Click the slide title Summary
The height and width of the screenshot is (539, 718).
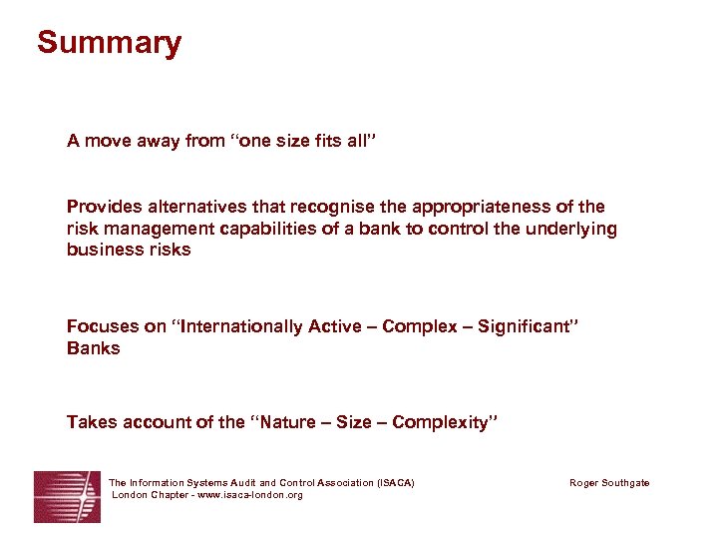click(109, 43)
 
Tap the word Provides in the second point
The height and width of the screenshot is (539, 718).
click(103, 207)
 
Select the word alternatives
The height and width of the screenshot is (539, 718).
click(191, 207)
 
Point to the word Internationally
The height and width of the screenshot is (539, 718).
click(245, 326)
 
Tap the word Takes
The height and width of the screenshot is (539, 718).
click(92, 422)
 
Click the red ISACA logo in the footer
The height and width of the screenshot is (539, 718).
click(67, 496)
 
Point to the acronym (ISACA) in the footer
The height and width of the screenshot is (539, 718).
click(396, 483)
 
